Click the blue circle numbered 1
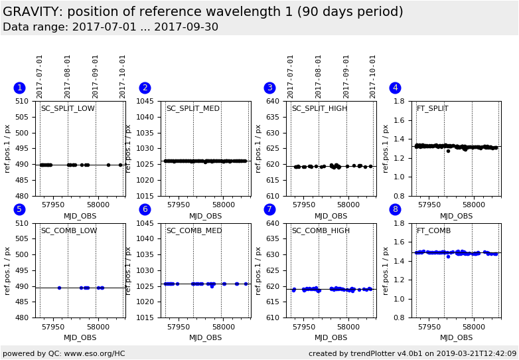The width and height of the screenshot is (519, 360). pyautogui.click(x=19, y=88)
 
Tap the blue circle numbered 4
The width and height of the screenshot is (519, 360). pyautogui.click(x=395, y=88)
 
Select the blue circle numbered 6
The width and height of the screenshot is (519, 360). pyautogui.click(x=145, y=209)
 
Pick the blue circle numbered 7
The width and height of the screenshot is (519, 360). pyautogui.click(x=269, y=209)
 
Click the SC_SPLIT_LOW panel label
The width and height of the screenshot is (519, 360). pyautogui.click(x=68, y=109)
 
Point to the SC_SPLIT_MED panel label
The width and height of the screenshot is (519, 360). pyautogui.click(x=192, y=109)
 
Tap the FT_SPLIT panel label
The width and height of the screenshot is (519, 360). pyautogui.click(x=432, y=109)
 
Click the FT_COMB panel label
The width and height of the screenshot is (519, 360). pyautogui.click(x=433, y=231)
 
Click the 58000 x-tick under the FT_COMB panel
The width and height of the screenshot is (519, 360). pyautogui.click(x=473, y=327)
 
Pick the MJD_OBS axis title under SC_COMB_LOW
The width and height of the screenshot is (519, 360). pyautogui.click(x=80, y=337)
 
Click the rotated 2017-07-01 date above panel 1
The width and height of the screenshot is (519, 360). pyautogui.click(x=40, y=76)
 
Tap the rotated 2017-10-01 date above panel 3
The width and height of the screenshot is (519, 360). pyautogui.click(x=374, y=76)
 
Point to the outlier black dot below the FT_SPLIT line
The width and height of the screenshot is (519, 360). pyautogui.click(x=448, y=151)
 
